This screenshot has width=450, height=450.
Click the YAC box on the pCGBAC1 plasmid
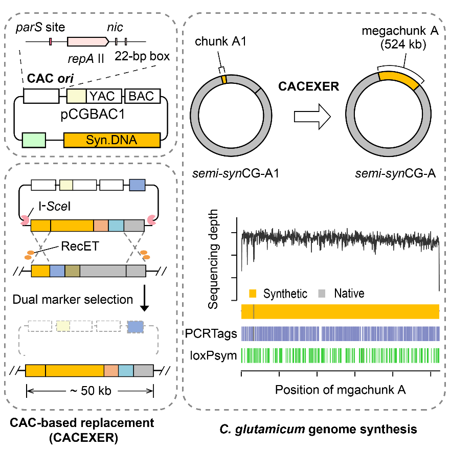point(104,96)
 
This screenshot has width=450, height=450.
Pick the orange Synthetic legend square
point(252,294)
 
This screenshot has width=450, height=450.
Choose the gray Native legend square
point(322,294)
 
